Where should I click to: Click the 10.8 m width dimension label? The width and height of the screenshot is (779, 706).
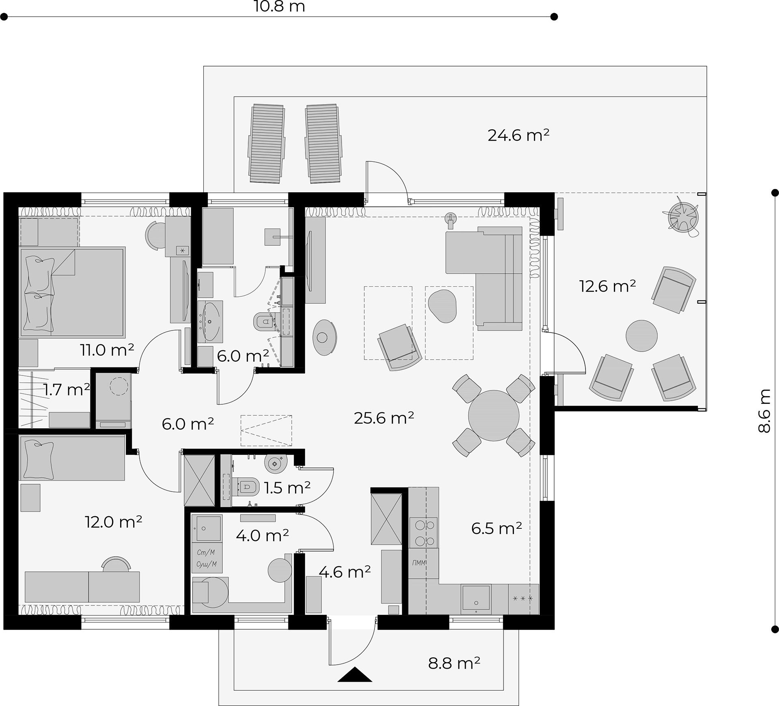click(x=279, y=6)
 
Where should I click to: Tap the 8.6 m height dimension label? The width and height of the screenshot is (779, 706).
click(x=764, y=411)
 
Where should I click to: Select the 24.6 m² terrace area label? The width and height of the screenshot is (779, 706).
click(x=519, y=135)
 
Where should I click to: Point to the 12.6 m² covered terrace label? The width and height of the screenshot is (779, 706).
click(x=607, y=286)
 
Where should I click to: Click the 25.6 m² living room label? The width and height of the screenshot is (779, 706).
click(x=384, y=418)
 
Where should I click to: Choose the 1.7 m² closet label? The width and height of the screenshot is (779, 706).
click(x=67, y=390)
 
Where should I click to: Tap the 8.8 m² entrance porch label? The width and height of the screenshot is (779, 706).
click(x=454, y=663)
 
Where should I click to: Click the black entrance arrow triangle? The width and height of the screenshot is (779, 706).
click(x=355, y=674)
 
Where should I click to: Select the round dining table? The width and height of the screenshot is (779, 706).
click(x=494, y=416)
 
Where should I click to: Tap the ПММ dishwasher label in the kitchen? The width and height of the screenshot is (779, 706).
click(x=419, y=563)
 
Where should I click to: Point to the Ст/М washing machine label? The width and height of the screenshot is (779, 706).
click(x=206, y=552)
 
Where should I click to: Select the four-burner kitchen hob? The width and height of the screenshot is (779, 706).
click(x=424, y=533)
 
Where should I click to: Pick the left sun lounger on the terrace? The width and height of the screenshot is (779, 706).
click(x=267, y=144)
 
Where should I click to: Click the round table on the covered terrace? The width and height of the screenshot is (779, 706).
click(x=641, y=336)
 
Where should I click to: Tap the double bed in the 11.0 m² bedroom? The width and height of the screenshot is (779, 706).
click(x=72, y=292)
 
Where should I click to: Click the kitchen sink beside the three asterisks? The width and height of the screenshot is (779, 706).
click(x=476, y=599)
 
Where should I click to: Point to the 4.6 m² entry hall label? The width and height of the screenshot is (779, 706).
click(x=345, y=572)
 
